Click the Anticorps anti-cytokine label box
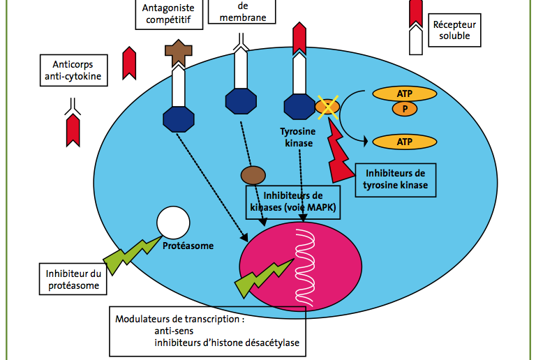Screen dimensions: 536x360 tap(74, 70)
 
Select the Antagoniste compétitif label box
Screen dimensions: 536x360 tap(169, 15)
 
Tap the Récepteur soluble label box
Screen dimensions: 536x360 tap(454, 30)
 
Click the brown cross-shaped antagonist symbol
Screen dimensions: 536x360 tap(179, 52)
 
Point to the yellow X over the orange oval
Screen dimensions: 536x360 tap(327, 107)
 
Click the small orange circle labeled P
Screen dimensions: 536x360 tap(405, 109)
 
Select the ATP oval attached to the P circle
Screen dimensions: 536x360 tap(404, 93)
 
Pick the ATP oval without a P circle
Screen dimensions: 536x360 tap(404, 142)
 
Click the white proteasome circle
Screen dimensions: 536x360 tap(173, 223)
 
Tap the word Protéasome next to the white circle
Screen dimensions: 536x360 tap(188, 246)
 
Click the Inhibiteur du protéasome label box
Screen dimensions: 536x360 tap(73, 279)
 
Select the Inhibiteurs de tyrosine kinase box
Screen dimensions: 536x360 tap(396, 180)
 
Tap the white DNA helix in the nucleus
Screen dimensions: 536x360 tap(305, 268)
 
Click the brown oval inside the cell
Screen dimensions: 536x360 tap(253, 175)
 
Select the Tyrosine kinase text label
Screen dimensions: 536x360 tap(298, 137)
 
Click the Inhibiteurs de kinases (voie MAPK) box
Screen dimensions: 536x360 tap(293, 202)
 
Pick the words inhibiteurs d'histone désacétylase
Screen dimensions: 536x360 tap(227, 343)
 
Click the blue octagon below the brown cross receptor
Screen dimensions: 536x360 tap(179, 119)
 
